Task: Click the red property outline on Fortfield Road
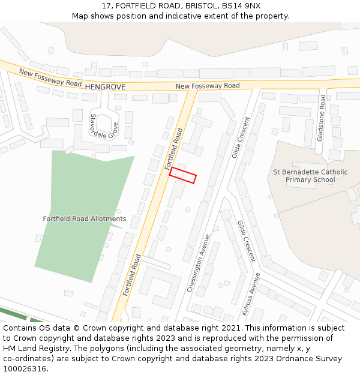point(183,175)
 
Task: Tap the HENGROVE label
point(105,87)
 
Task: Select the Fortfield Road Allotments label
point(85,219)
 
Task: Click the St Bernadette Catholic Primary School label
point(310,176)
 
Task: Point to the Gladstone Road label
point(322,125)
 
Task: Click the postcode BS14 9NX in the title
point(241,5)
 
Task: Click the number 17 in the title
point(106,5)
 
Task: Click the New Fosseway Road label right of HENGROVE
point(208,86)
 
